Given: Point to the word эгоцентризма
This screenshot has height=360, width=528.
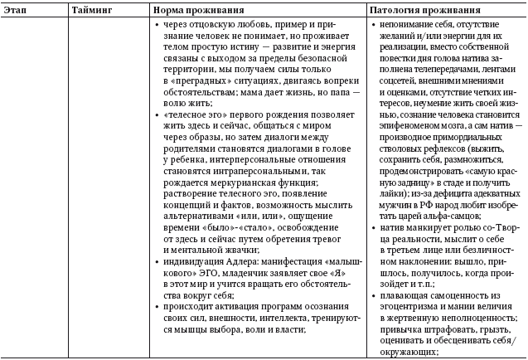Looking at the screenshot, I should [x=407, y=305].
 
